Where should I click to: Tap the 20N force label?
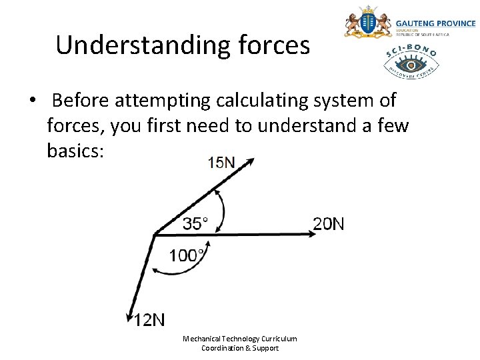click(329, 223)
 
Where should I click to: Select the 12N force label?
click(149, 320)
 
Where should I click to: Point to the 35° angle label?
click(195, 223)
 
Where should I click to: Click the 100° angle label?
click(187, 255)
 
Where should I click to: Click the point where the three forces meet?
click(155, 233)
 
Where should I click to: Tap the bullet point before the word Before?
click(31, 101)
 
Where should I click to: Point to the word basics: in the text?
click(75, 150)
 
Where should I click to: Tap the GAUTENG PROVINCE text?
click(436, 23)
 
